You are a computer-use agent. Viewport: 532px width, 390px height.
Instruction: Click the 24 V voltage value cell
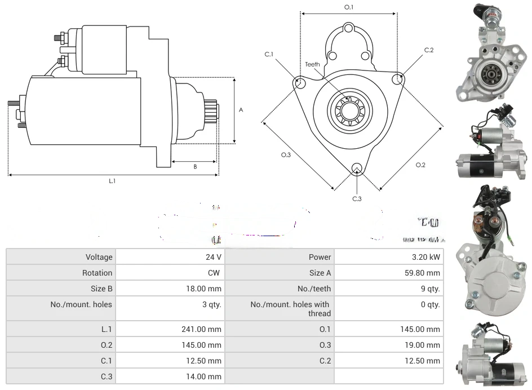tap(213, 257)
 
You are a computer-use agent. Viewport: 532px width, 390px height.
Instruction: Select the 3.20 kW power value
tap(427, 257)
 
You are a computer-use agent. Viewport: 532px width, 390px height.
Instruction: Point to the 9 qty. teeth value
tap(429, 289)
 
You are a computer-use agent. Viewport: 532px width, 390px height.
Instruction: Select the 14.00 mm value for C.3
tap(207, 376)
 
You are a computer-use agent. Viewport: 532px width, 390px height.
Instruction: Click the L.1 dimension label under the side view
tap(112, 181)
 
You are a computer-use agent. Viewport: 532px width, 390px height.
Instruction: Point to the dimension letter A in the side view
tap(241, 110)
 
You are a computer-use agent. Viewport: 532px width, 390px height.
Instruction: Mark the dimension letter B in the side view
tap(195, 166)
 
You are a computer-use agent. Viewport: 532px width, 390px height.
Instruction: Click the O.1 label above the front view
tap(349, 7)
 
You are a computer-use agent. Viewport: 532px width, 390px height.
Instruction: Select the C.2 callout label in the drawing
tap(429, 50)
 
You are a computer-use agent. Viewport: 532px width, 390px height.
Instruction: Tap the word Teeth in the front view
tap(312, 64)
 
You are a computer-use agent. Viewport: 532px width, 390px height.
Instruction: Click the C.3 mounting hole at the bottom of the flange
tap(356, 169)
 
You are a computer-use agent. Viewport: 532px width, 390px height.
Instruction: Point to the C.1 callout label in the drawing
tap(269, 54)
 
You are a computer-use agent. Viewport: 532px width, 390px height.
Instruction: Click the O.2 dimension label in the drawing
tap(420, 165)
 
